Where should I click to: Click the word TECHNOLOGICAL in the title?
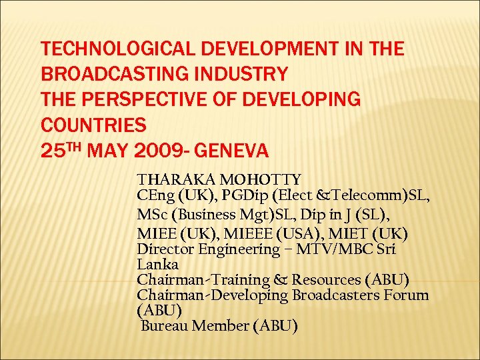[x=109, y=49]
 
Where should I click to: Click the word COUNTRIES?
[x=93, y=125]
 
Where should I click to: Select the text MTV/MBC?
[x=327, y=249]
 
